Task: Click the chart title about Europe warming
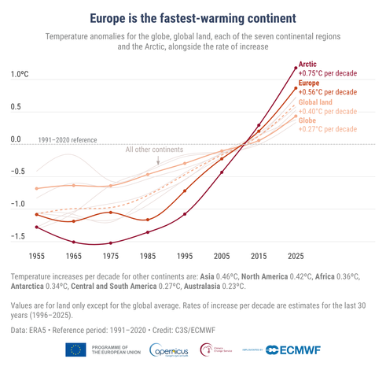tap(193, 17)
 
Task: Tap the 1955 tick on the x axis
tap(36, 257)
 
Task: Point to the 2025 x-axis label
tap(296, 257)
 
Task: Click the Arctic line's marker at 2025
tap(296, 68)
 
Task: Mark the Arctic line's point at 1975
tap(111, 243)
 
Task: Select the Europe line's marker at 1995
tap(185, 191)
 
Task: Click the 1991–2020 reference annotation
tap(67, 140)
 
